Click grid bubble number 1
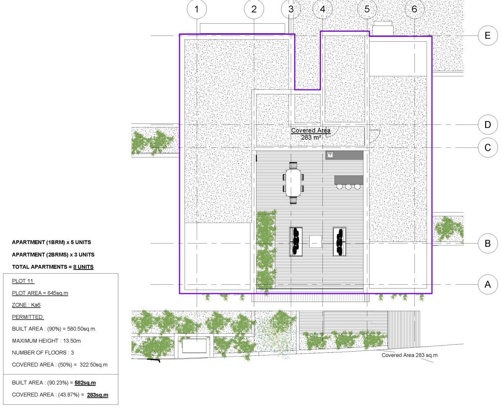[x=197, y=9]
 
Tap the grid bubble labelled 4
[x=322, y=9]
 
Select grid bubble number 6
[x=414, y=9]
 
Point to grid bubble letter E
[x=487, y=36]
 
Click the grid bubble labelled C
[x=487, y=148]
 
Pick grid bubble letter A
[x=487, y=284]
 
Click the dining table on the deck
[x=293, y=183]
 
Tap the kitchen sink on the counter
[x=330, y=155]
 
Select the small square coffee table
[x=315, y=242]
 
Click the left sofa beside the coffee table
[x=296, y=242]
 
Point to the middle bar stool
[x=348, y=187]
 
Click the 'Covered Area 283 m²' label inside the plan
[x=311, y=134]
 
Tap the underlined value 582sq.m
[x=85, y=383]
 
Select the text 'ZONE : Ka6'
[x=26, y=305]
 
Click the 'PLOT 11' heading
[x=23, y=281]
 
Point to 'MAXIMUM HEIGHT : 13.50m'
[x=46, y=341]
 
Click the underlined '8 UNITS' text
[x=83, y=267]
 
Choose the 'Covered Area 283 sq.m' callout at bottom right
[x=409, y=355]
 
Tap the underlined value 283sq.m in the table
[x=98, y=395]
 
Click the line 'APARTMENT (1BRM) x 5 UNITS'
[x=51, y=242]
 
